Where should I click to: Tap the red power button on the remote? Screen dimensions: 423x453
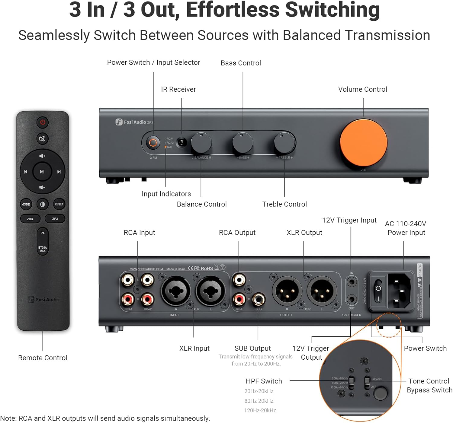click(x=43, y=122)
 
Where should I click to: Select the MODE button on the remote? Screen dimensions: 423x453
click(x=26, y=204)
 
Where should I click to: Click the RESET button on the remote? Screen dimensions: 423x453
click(x=59, y=204)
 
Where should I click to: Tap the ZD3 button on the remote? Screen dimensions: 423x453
click(x=30, y=219)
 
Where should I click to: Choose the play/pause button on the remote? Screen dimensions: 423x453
click(x=42, y=172)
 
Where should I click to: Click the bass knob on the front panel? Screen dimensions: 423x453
click(x=243, y=143)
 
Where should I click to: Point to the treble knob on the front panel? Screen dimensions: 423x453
click(x=284, y=143)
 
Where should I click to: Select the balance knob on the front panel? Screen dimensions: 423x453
click(x=201, y=143)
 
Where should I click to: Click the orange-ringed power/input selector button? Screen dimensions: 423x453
click(x=153, y=142)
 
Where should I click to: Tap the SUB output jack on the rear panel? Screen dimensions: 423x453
click(x=259, y=299)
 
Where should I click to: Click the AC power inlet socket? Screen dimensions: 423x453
click(x=400, y=291)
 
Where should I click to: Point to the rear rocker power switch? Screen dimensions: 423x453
click(x=378, y=291)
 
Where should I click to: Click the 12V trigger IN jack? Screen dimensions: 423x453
click(x=352, y=282)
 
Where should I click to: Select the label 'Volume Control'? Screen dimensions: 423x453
click(x=362, y=89)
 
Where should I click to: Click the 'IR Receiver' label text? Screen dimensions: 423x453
click(x=178, y=89)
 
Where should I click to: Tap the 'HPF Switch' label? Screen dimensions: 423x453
click(x=264, y=381)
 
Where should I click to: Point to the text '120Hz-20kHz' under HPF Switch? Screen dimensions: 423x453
click(x=260, y=410)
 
